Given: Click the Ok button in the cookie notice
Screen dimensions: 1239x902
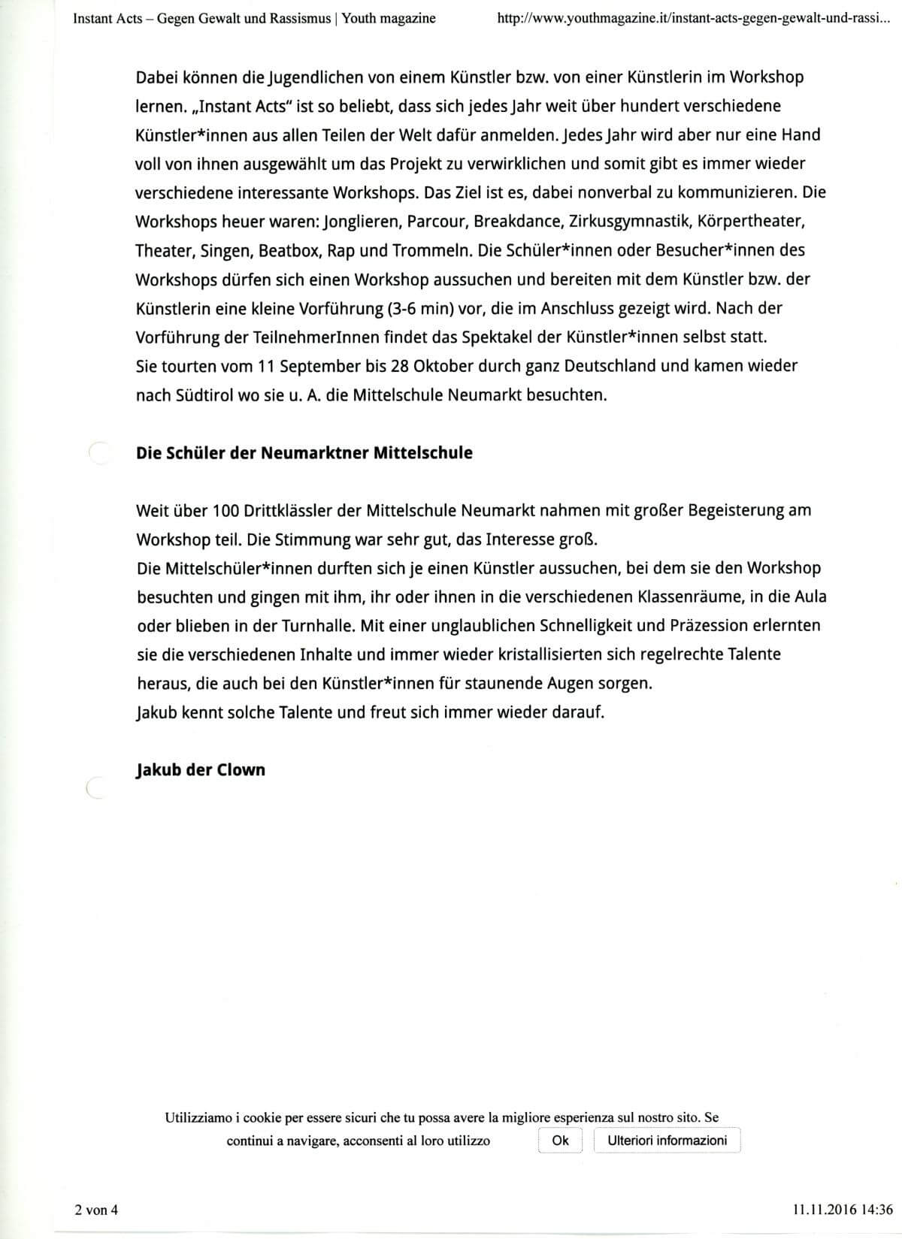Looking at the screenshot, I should [x=560, y=1141].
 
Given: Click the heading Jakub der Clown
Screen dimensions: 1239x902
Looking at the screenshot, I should [x=201, y=770].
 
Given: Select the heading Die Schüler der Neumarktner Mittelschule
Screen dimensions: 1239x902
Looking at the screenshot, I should [x=304, y=453].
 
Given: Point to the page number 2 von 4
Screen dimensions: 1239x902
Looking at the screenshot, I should [x=96, y=1209].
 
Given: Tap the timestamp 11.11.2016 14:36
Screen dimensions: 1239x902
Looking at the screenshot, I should [x=842, y=1209].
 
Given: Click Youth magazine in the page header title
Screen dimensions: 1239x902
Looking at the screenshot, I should [x=389, y=18].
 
